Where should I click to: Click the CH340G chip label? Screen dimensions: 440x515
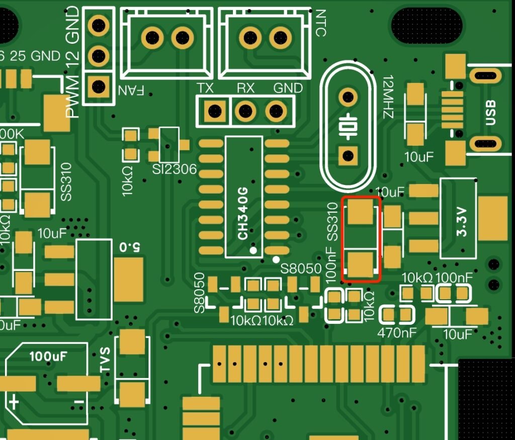[x=243, y=213]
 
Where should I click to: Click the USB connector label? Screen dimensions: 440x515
[x=491, y=112]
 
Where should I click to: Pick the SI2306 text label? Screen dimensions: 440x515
[x=174, y=169]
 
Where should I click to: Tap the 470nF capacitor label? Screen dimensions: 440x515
[x=397, y=333]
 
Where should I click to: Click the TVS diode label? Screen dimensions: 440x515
[x=105, y=360]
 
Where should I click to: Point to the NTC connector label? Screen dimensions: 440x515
[x=320, y=23]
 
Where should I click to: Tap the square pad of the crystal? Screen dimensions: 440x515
[x=347, y=155]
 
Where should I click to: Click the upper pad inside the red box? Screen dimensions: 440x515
[x=361, y=212]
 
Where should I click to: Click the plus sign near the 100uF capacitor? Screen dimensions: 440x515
[x=14, y=402]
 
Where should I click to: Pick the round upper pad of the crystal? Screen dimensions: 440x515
[x=347, y=96]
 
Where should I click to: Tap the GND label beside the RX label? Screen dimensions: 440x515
[x=288, y=89]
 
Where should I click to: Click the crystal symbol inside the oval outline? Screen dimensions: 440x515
[x=347, y=126]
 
